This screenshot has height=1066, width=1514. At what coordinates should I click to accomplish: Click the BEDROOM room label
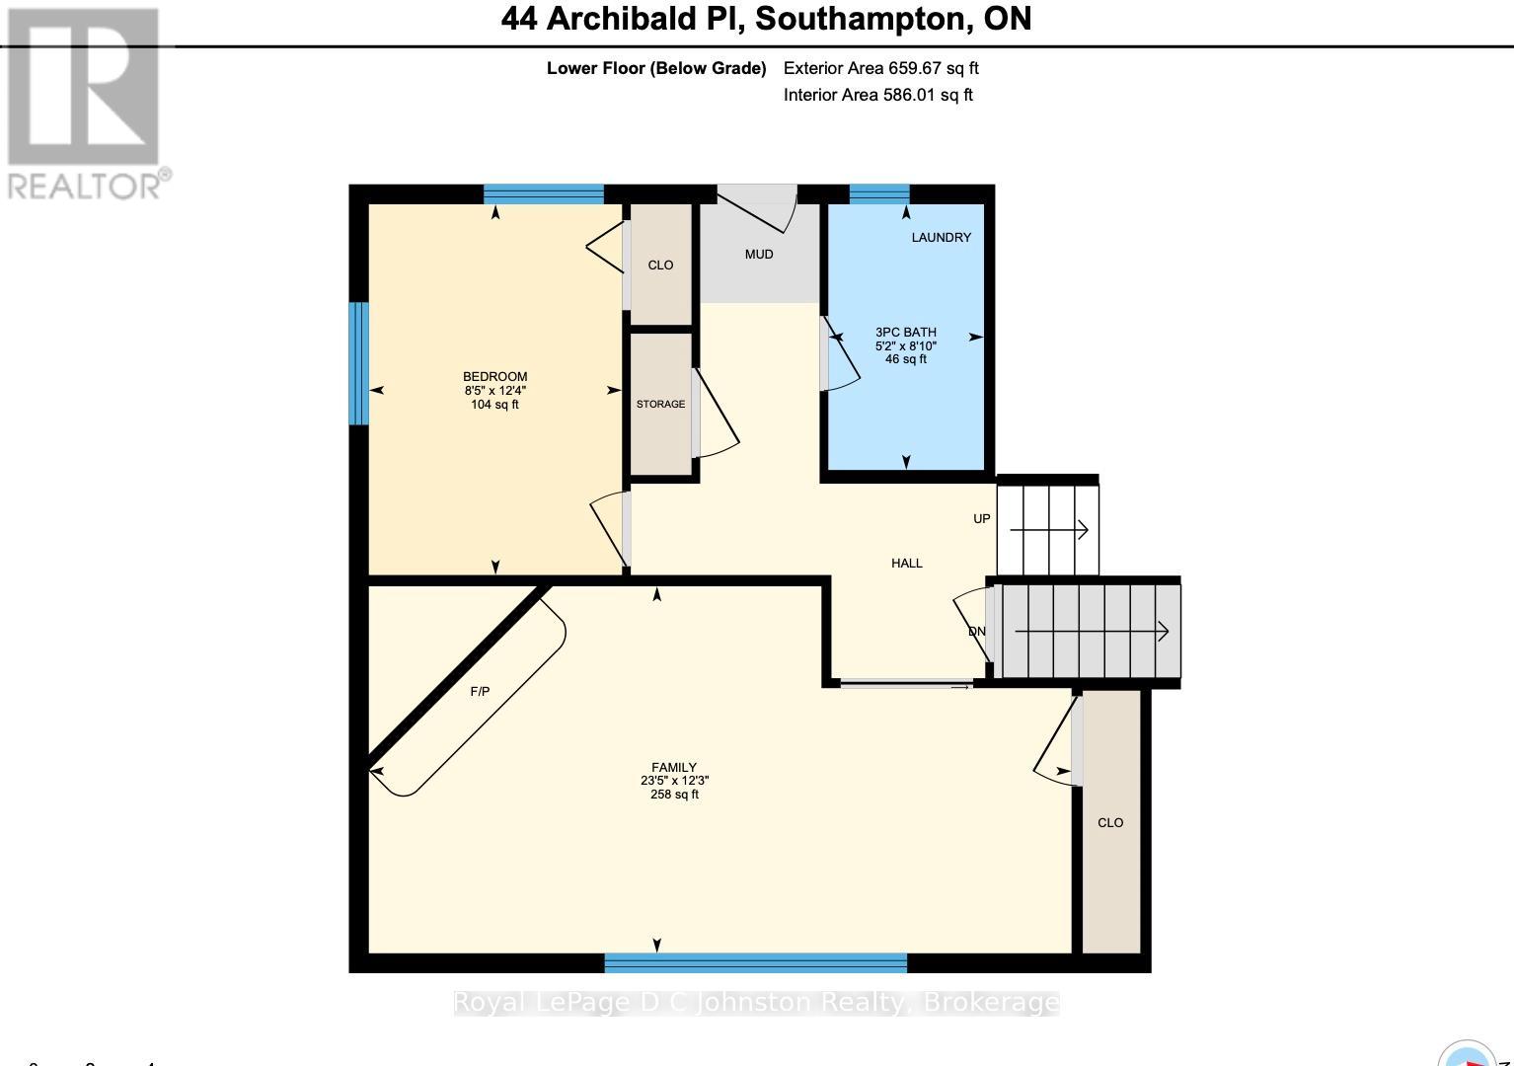click(494, 376)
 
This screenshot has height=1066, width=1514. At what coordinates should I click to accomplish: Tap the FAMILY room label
click(674, 767)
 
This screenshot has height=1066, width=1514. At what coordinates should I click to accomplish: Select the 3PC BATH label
click(905, 333)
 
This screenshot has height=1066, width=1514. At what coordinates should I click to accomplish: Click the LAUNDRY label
click(941, 237)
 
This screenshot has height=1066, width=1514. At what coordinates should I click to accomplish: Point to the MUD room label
click(758, 255)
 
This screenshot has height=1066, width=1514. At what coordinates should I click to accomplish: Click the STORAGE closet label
click(660, 404)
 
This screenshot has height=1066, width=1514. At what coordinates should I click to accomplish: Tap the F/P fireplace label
click(480, 691)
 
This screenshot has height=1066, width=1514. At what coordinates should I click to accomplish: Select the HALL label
click(906, 563)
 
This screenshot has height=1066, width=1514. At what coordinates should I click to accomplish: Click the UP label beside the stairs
click(981, 518)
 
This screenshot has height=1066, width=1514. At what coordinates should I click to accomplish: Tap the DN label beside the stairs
click(976, 632)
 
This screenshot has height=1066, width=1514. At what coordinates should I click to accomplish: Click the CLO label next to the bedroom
click(660, 265)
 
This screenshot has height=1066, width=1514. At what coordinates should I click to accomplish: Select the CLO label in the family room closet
click(1110, 822)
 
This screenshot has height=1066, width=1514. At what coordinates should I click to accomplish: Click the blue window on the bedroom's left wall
click(359, 363)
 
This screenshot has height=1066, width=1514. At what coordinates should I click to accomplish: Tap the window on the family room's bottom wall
click(755, 962)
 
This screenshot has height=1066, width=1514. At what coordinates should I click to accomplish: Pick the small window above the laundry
click(879, 193)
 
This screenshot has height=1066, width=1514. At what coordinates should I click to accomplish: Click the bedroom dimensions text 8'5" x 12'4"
click(494, 391)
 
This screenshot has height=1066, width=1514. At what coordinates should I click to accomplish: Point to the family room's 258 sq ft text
click(674, 795)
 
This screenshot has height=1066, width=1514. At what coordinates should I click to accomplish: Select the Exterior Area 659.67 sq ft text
click(880, 68)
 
